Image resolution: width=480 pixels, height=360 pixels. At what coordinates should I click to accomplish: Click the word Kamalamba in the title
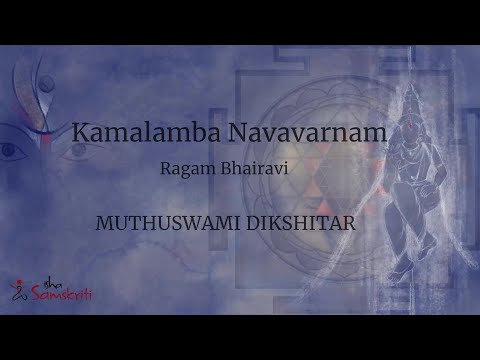134,131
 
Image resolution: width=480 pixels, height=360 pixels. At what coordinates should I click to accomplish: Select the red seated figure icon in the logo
18,291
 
